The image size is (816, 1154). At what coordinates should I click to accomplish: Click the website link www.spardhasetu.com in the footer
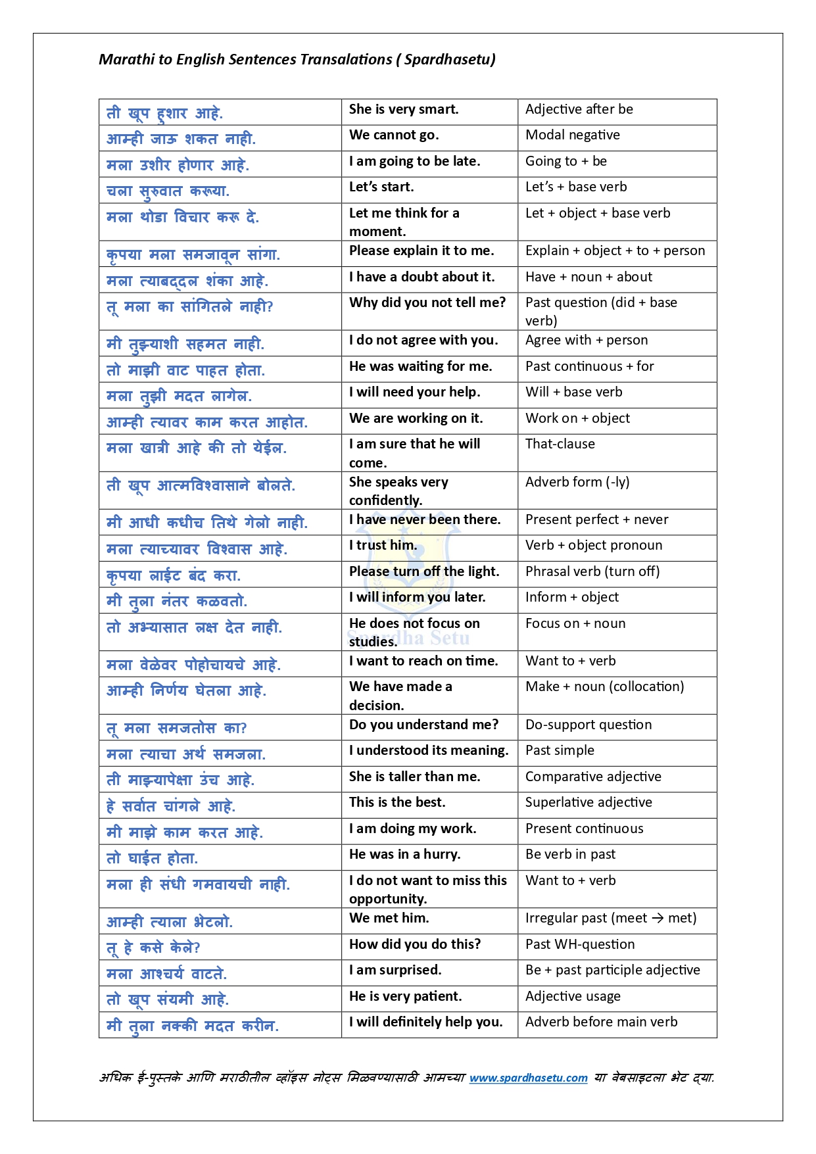[528, 1078]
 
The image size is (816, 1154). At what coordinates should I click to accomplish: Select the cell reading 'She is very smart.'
[404, 110]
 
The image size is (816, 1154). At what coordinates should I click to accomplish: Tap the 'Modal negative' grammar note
[572, 135]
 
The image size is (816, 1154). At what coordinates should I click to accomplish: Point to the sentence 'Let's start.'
[381, 187]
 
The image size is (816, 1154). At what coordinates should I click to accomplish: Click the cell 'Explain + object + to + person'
[615, 251]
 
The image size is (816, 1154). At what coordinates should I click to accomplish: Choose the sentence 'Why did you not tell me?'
[427, 303]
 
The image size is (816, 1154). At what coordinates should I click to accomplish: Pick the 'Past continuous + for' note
[589, 367]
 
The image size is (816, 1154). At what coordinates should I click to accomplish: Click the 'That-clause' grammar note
[560, 445]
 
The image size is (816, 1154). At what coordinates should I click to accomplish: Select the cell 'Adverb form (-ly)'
[577, 483]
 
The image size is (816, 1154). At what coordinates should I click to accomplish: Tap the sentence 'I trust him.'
[383, 546]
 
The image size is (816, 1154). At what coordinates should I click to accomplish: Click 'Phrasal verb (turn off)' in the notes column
[592, 572]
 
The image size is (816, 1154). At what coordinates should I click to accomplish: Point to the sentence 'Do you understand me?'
[423, 725]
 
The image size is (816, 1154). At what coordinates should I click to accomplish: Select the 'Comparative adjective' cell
[593, 777]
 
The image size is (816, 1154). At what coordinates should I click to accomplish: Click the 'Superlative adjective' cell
[588, 803]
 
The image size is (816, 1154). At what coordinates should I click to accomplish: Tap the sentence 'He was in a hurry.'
[404, 855]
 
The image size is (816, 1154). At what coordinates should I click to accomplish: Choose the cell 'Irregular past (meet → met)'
[610, 919]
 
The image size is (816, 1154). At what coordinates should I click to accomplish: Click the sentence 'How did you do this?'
[415, 945]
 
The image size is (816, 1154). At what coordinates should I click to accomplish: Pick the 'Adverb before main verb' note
[601, 1022]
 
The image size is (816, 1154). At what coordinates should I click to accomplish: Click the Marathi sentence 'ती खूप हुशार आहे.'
[164, 114]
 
